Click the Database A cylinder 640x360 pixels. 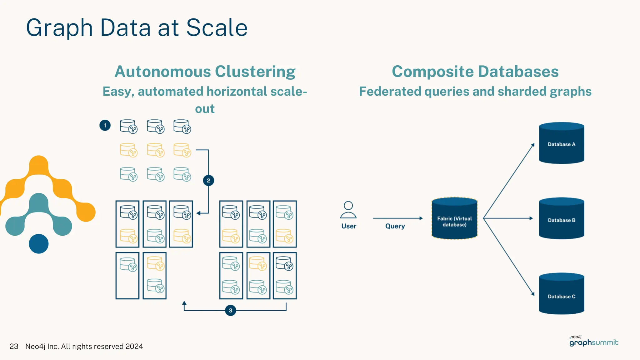(561, 144)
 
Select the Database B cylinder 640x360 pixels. (561, 219)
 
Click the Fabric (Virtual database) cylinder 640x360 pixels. (454, 219)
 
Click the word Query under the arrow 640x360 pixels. (395, 226)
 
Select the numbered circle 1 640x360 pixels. (105, 125)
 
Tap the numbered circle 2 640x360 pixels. (208, 180)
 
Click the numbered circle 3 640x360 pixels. (230, 310)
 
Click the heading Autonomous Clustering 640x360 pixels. (205, 72)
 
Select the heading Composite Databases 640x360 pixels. (475, 72)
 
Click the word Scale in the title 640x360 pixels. (217, 28)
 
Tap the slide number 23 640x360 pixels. (14, 346)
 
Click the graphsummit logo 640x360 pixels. (593, 342)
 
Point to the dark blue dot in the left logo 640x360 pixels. (39, 244)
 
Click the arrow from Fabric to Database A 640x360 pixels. (509, 181)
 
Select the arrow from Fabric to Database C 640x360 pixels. (509, 256)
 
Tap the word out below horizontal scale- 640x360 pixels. (205, 109)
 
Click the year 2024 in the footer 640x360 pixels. (134, 346)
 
